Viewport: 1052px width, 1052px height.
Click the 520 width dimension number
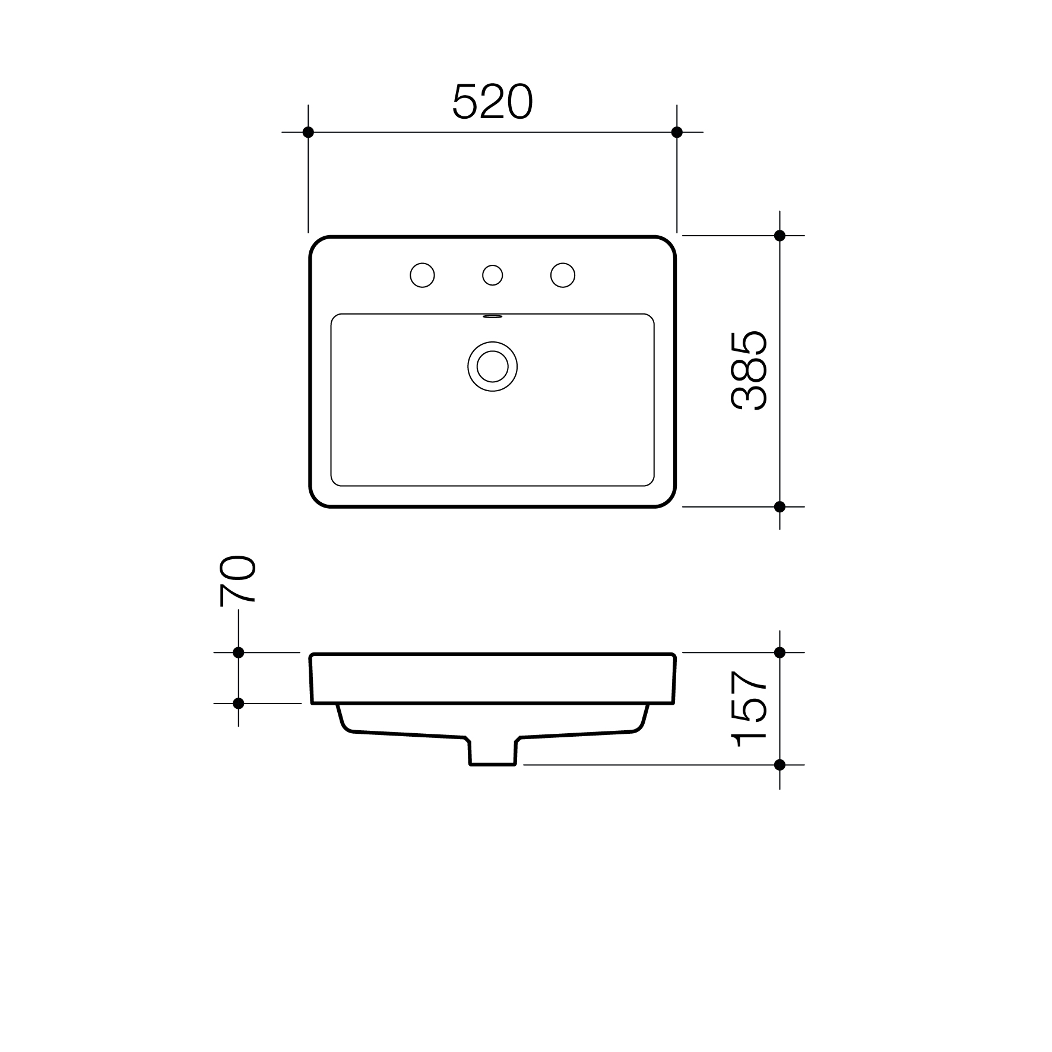[x=493, y=102]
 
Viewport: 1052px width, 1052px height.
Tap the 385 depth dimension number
[x=749, y=371]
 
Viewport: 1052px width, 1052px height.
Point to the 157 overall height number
[x=749, y=709]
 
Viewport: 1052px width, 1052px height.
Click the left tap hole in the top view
[x=422, y=275]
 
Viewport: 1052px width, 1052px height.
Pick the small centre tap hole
[x=492, y=275]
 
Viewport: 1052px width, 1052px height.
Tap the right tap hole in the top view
[x=563, y=275]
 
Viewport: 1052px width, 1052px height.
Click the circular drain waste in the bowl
[x=492, y=366]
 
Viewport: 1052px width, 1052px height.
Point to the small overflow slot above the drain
[x=492, y=317]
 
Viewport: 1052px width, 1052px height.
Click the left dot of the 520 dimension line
[x=308, y=132]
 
